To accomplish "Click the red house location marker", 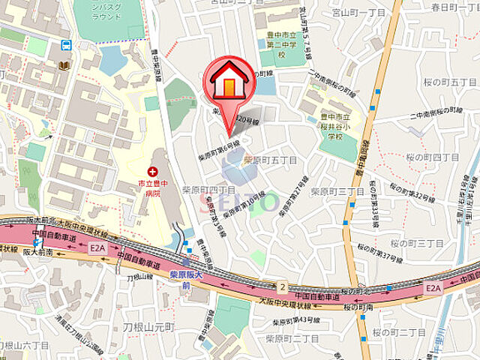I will pyautogui.click(x=229, y=83).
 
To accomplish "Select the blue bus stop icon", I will pyautogui.click(x=66, y=45).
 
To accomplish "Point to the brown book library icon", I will pyautogui.click(x=64, y=66).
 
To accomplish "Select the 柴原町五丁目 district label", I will pyautogui.click(x=270, y=160).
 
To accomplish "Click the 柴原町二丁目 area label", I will pyautogui.click(x=292, y=337).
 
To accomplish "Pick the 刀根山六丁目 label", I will pyautogui.click(x=24, y=345).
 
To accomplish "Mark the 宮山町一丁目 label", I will pyautogui.click(x=358, y=13).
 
